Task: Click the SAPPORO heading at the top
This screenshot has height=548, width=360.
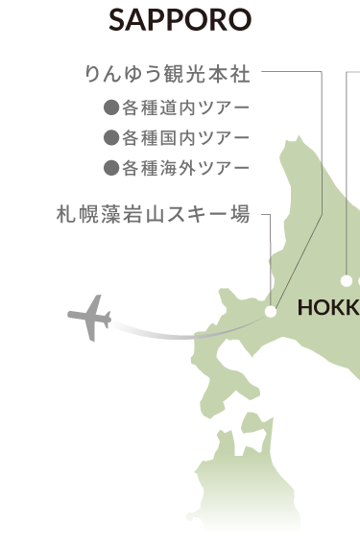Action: point(180,20)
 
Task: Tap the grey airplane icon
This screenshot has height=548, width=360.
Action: point(89,318)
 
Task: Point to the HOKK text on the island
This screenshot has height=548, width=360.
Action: point(327,309)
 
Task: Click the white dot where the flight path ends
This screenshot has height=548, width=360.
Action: point(271,312)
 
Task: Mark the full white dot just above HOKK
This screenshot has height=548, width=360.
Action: point(346,280)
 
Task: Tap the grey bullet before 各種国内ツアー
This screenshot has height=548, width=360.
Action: point(110,136)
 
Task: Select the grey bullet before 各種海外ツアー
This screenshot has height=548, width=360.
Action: point(110,168)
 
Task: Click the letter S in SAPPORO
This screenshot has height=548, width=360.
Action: point(117,20)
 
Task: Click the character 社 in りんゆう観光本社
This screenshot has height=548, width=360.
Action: point(240,71)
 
